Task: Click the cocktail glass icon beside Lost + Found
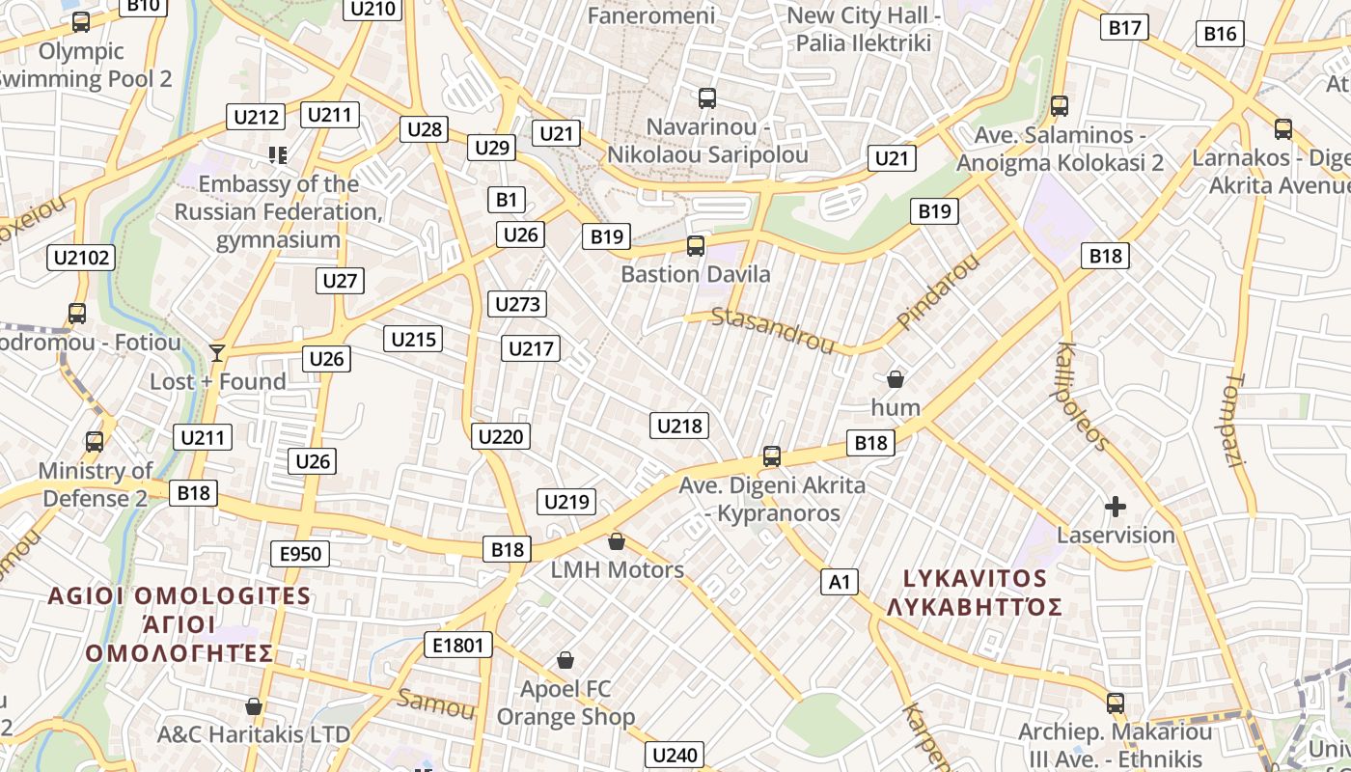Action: point(217,352)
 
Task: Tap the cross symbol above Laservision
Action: point(1116,506)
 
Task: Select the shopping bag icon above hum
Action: point(896,378)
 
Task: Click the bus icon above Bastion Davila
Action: point(696,246)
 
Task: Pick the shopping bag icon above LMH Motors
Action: point(617,541)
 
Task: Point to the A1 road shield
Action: point(840,581)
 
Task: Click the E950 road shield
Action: point(301,554)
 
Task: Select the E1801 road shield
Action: point(457,645)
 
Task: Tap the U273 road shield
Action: point(517,304)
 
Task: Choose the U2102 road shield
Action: point(82,258)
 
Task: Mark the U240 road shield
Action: point(675,755)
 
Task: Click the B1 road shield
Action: point(507,200)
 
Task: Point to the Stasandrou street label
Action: point(772,330)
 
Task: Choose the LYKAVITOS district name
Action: point(975,579)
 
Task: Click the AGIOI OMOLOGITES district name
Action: point(180,595)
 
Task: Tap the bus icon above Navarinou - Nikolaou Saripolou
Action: point(707,97)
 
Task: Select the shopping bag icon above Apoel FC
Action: point(565,660)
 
